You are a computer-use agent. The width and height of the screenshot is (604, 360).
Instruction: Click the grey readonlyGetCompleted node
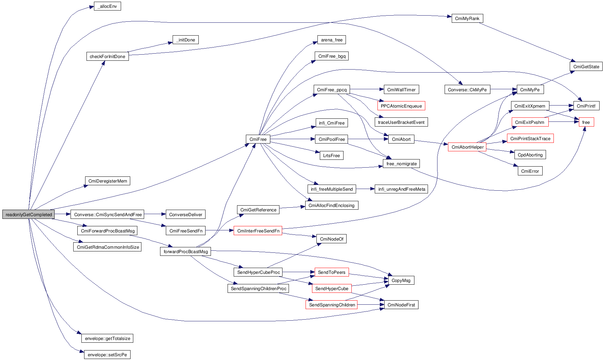28,214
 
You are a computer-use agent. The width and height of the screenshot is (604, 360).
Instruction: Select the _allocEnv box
107,6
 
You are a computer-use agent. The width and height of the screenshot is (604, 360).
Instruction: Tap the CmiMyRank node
467,18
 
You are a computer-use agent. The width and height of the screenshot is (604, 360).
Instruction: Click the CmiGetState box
586,67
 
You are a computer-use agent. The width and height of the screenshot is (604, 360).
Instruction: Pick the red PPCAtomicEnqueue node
401,106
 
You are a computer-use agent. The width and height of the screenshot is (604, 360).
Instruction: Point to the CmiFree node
258,139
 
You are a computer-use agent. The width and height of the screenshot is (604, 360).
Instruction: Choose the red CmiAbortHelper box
467,147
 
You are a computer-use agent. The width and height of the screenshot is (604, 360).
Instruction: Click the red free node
586,122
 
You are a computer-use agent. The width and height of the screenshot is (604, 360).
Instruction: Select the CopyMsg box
401,280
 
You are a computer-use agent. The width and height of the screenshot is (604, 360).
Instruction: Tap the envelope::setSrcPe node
107,355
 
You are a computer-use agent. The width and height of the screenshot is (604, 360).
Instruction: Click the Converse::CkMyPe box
467,90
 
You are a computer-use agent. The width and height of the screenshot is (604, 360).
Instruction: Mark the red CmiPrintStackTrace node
530,138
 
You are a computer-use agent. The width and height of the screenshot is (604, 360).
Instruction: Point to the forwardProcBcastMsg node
186,251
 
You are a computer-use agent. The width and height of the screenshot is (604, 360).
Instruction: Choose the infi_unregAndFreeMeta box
402,189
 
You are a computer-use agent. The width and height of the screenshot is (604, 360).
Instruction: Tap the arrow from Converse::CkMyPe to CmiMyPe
503,90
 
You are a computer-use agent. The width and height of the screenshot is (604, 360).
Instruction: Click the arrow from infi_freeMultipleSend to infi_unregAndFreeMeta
365,189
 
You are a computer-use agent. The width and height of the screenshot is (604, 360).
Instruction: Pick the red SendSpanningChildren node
332,305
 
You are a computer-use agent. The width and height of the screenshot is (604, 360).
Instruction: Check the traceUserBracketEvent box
401,122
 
